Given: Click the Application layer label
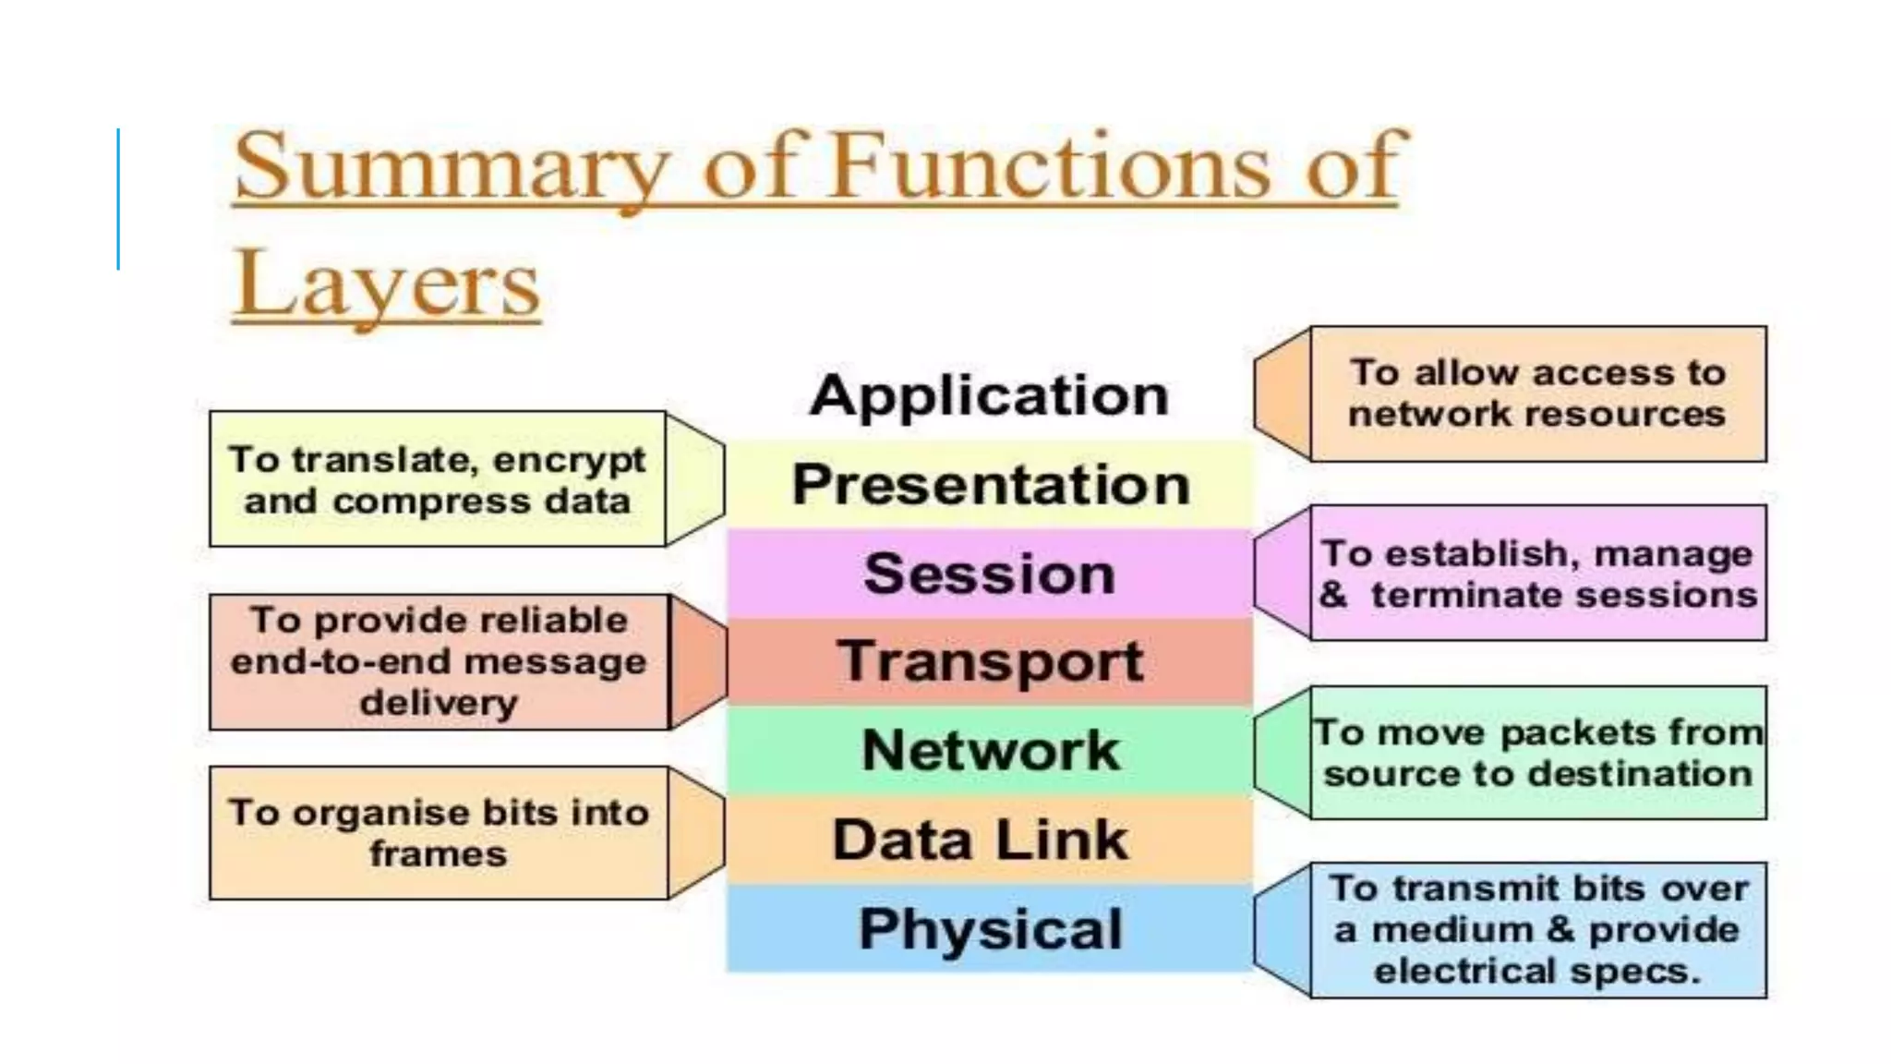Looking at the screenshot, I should coord(989,396).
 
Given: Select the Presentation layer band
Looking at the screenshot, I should coord(990,485).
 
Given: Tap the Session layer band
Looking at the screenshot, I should coord(990,574).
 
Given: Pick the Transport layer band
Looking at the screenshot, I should coord(990,662).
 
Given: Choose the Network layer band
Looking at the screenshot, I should coord(990,750).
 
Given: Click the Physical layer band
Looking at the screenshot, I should coord(990,928).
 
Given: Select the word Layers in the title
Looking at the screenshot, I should coord(386,284).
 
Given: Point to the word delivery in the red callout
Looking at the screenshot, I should coord(439,703).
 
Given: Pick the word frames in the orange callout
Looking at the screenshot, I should coord(439,854).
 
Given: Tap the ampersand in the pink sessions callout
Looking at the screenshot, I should coord(1333,595).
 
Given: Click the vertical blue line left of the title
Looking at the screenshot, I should coord(118,199).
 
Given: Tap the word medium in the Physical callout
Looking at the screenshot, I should coord(1453,930).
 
